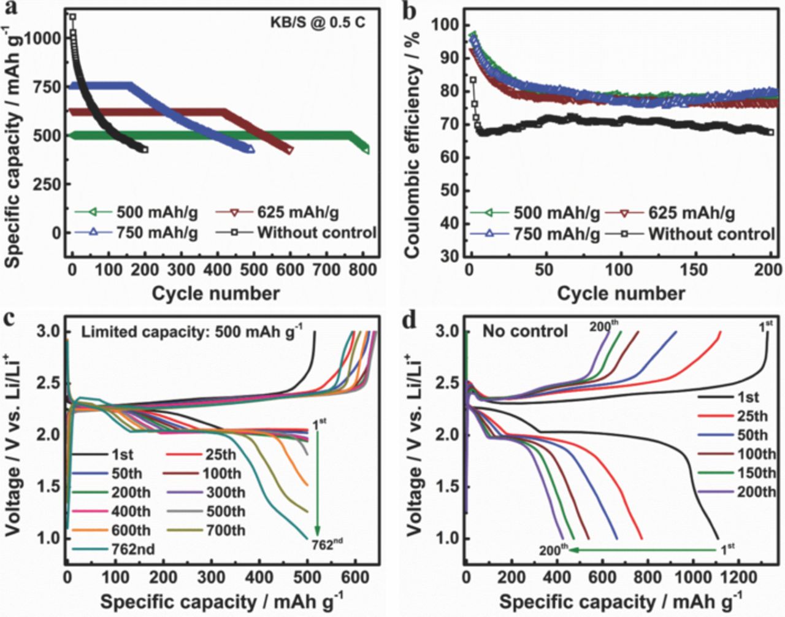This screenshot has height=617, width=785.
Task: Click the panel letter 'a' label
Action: tap(9, 9)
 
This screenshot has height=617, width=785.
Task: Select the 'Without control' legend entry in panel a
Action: tap(316, 233)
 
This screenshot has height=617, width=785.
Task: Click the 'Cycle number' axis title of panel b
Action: tap(621, 293)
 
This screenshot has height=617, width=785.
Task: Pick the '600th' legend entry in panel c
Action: tap(131, 530)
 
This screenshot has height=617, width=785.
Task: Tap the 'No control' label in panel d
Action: tap(525, 331)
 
